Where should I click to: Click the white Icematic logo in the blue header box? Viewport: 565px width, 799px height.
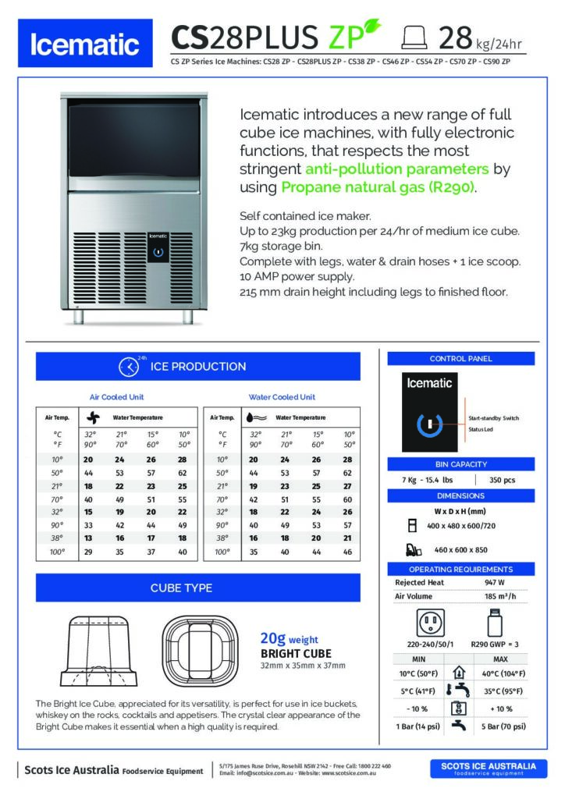pyautogui.click(x=86, y=46)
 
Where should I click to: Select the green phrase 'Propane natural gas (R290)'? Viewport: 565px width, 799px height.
pyautogui.click(x=377, y=187)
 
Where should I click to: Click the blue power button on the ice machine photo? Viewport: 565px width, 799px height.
pyautogui.click(x=158, y=253)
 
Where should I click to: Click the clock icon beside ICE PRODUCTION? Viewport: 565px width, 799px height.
pyautogui.click(x=128, y=367)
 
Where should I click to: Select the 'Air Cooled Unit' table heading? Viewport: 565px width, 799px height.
pyautogui.click(x=117, y=396)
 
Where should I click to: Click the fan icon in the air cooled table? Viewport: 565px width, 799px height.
pyautogui.click(x=93, y=417)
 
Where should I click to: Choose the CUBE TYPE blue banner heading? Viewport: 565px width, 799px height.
pyautogui.click(x=197, y=588)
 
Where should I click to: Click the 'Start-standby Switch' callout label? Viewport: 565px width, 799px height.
pyautogui.click(x=493, y=418)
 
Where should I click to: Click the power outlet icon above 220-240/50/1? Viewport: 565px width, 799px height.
pyautogui.click(x=431, y=623)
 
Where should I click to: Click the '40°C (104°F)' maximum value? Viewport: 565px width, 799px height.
pyautogui.click(x=502, y=673)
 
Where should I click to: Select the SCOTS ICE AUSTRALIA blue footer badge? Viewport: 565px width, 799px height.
pyautogui.click(x=489, y=769)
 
